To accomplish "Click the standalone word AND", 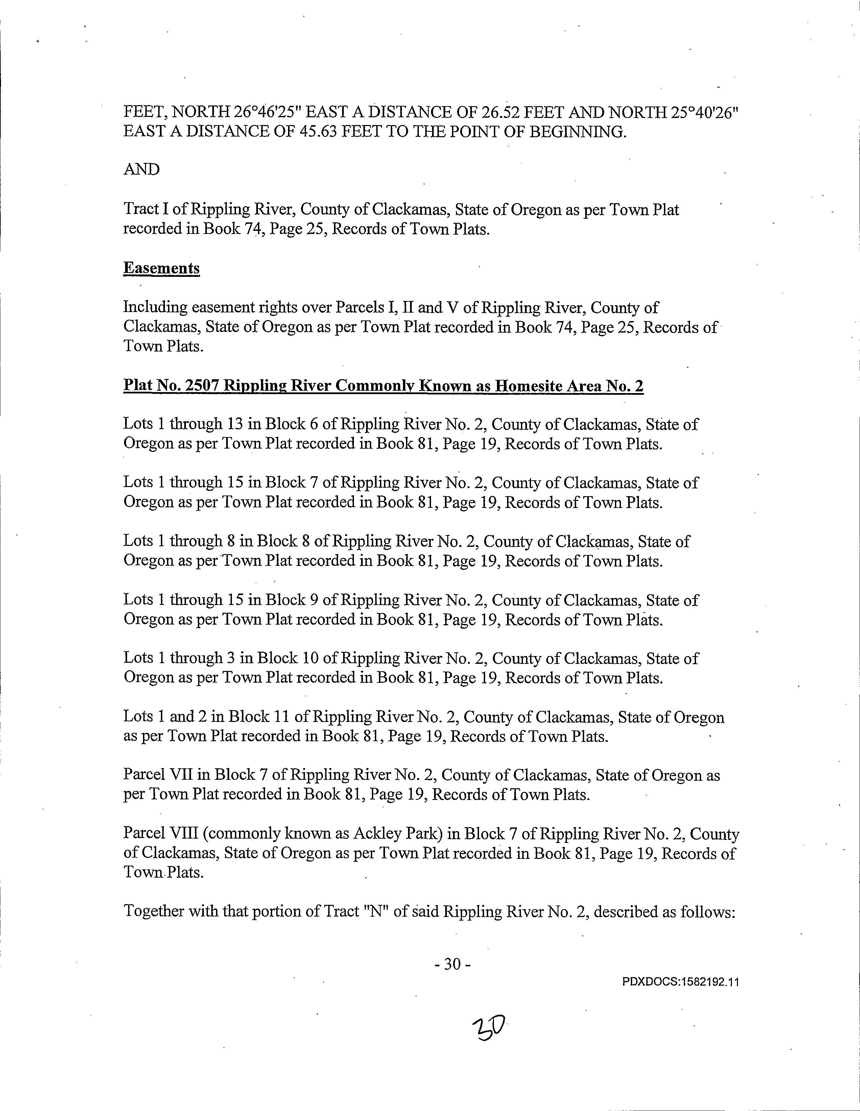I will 141,169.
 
